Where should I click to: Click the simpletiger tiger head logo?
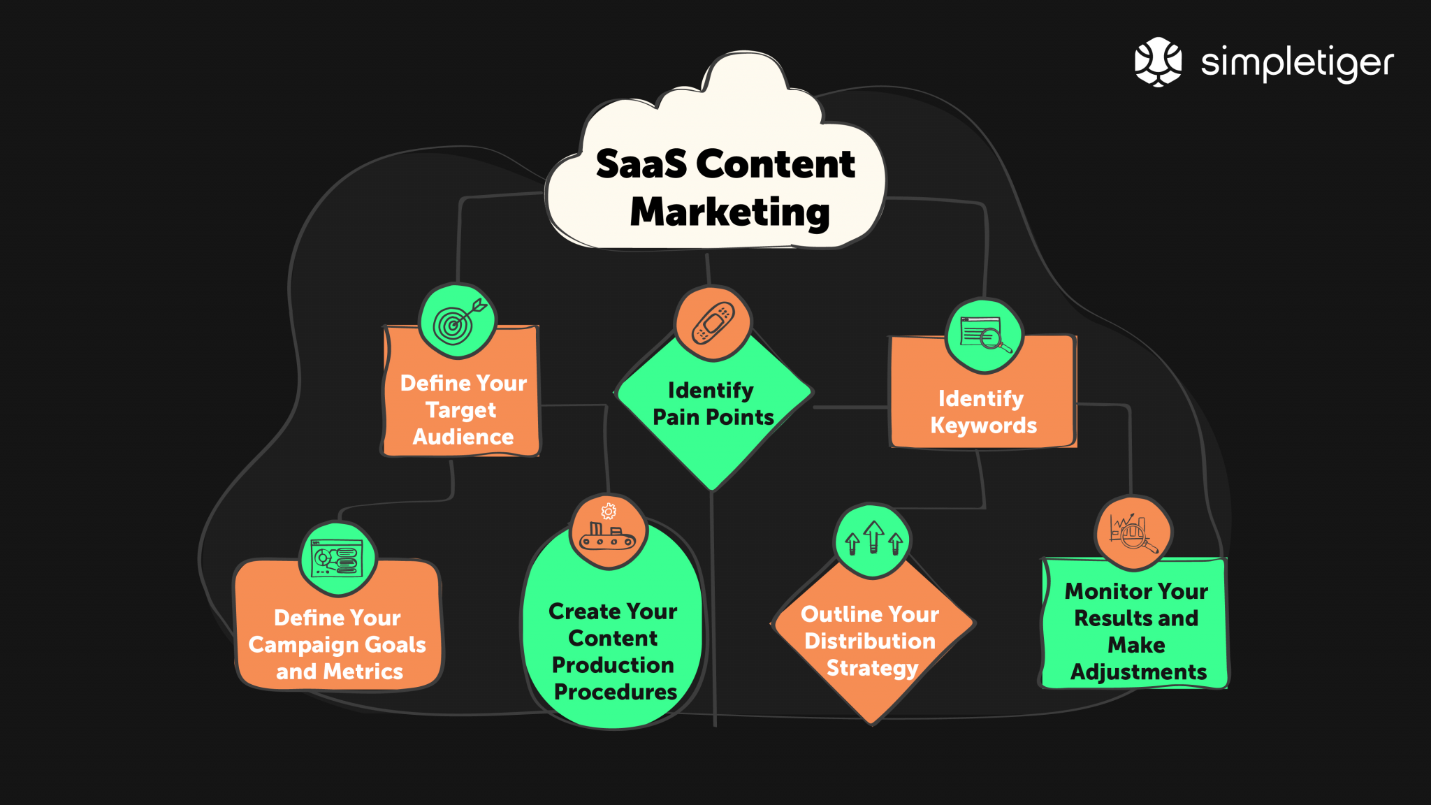(1158, 61)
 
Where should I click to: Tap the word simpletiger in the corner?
(1297, 63)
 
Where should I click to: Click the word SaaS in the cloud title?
(641, 165)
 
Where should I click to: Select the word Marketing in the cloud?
(729, 212)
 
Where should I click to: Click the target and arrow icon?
(458, 321)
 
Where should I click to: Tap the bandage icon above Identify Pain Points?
(713, 324)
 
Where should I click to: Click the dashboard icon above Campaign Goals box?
(337, 558)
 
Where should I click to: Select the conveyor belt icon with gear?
(608, 532)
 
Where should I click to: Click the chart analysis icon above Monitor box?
(1133, 534)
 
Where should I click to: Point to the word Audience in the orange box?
(463, 437)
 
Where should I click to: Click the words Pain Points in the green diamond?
(713, 418)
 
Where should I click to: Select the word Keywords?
(983, 426)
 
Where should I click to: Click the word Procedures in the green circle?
(615, 692)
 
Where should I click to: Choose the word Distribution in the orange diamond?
(869, 641)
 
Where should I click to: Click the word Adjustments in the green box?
(1138, 672)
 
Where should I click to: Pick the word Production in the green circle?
(613, 665)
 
